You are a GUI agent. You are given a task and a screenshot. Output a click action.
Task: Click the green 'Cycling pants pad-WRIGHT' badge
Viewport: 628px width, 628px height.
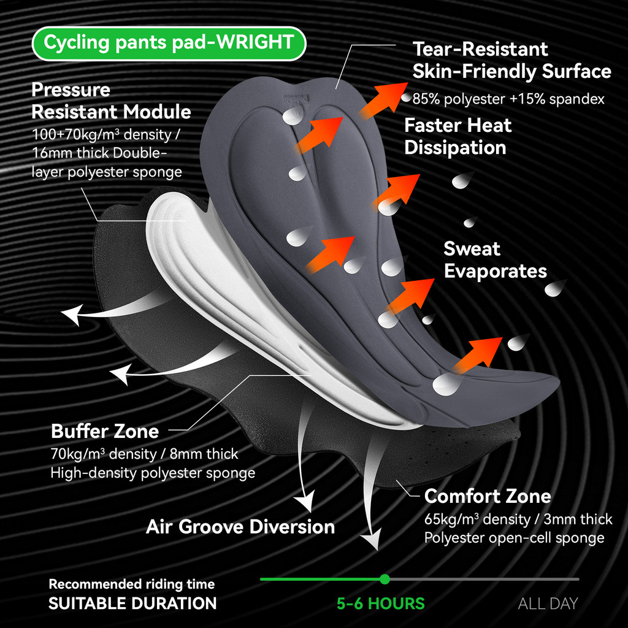pos(168,43)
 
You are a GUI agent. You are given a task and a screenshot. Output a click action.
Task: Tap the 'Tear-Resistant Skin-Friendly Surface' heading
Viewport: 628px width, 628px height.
pos(511,60)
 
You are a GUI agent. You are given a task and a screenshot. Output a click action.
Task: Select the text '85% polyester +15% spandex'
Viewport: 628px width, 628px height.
pos(508,98)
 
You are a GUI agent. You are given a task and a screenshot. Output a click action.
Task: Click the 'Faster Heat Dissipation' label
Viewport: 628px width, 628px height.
pos(457,136)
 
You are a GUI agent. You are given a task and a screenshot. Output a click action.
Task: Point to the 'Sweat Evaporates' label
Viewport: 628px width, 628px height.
pos(495,260)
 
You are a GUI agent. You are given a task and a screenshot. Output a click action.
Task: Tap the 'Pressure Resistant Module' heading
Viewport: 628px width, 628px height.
pos(111,101)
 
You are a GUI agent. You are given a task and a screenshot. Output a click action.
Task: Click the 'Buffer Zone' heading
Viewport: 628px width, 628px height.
pos(105,431)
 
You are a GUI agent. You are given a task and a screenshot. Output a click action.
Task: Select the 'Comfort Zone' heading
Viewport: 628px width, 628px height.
pos(488,496)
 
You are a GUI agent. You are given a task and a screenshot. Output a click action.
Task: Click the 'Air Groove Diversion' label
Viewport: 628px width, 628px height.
pos(240,526)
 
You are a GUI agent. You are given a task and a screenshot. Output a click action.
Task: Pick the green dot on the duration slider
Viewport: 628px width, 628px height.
pos(385,578)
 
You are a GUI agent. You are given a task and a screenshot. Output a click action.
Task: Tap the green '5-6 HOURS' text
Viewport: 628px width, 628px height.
pos(380,603)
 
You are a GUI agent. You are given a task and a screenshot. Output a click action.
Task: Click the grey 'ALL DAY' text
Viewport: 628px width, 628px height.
pos(548,603)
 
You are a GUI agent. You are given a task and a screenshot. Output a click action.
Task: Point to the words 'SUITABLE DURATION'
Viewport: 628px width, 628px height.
pos(132,603)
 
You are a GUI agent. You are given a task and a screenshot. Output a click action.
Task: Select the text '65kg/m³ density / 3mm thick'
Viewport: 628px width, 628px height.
pos(518,519)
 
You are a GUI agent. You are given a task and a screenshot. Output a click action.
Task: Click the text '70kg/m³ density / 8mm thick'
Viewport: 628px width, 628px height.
pos(144,454)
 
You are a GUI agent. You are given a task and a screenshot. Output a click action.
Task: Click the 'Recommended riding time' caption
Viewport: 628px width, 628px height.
pos(132,584)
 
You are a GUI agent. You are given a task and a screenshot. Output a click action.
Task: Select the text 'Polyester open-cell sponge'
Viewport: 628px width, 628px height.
pos(515,538)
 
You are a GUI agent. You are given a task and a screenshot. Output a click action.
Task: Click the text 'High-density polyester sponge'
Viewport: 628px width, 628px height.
pos(153,473)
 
